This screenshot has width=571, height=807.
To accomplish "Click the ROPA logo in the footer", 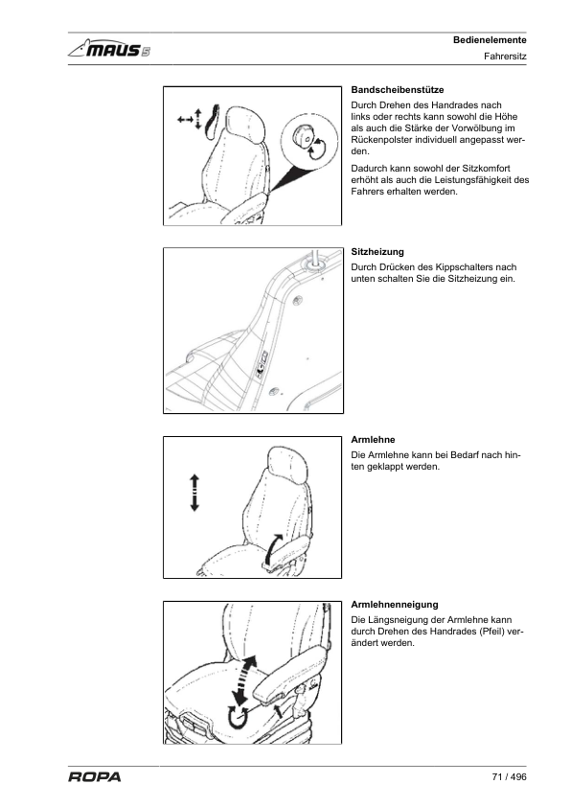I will [x=94, y=777].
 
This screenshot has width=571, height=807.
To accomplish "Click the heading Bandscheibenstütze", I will [x=398, y=89].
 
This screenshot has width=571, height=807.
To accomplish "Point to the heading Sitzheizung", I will [x=377, y=251].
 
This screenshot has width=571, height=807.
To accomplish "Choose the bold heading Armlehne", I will [x=374, y=439].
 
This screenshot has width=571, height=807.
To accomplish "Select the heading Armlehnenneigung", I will [x=395, y=604].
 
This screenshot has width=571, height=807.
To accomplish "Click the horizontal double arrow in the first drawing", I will [x=185, y=121].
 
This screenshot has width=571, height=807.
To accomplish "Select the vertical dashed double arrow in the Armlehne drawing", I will [x=194, y=492].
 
